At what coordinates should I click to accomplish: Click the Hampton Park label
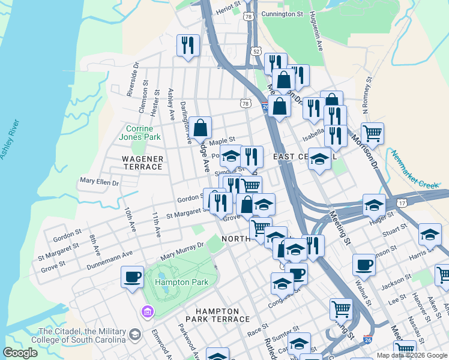tap(176, 281)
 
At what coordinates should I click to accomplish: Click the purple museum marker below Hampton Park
tap(147, 311)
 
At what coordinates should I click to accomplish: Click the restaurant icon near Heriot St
tap(188, 45)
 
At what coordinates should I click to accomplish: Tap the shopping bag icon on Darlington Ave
tap(200, 127)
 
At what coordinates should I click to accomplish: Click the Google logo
tap(20, 353)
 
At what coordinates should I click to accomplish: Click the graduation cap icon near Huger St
tap(374, 205)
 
